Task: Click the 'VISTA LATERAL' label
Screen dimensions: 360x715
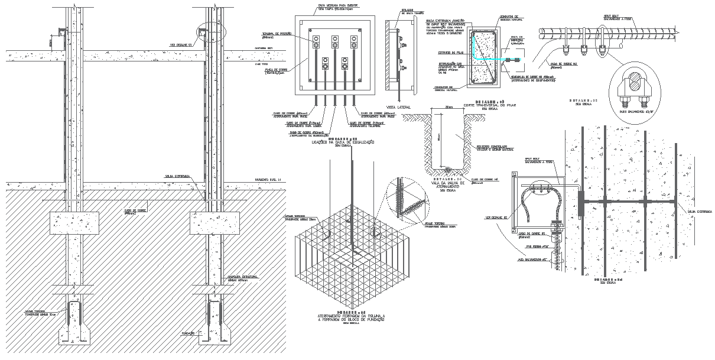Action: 399,108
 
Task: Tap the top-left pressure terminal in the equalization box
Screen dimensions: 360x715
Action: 316,44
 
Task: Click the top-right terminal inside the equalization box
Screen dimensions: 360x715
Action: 355,44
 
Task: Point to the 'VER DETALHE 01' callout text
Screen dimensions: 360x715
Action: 180,45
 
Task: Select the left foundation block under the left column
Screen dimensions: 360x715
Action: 70,223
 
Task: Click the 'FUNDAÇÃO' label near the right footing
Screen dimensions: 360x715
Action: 189,333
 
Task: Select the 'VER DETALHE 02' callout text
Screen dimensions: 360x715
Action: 496,217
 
